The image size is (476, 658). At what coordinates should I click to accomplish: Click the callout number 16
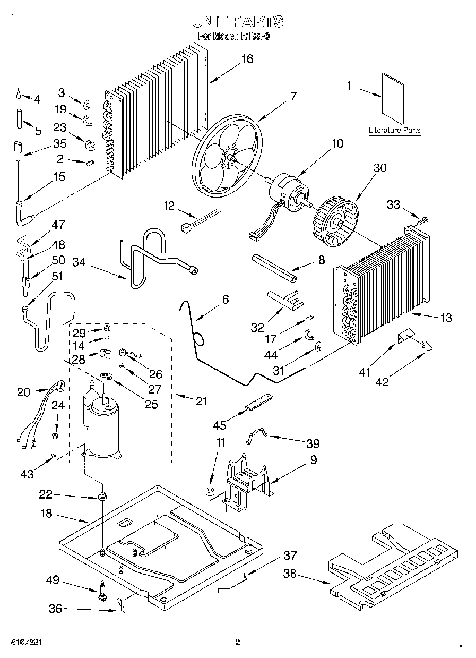coord(247,59)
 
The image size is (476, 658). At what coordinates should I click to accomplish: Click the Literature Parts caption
coord(395,130)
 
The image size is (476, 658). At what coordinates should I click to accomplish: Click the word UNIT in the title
coord(209,21)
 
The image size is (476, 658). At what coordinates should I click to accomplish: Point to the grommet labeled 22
coord(100,498)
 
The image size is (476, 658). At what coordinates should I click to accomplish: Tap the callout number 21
coord(201,401)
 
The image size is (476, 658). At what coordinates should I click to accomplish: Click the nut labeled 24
coord(55,436)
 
